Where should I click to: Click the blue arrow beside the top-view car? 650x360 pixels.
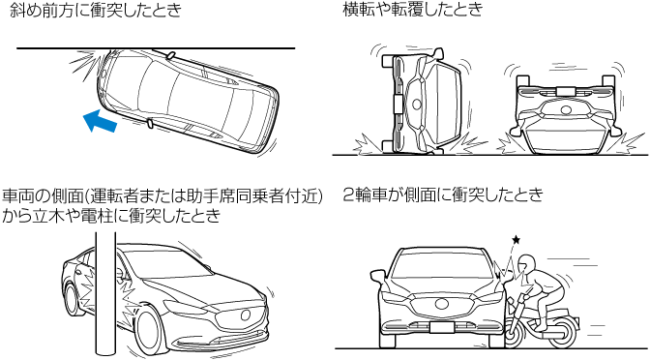coord(100,121)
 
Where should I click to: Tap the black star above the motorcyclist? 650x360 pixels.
coord(516,239)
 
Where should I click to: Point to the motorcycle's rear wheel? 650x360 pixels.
coord(563,334)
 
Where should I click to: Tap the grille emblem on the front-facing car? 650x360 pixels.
coord(442,304)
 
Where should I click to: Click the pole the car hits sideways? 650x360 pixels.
coord(105,295)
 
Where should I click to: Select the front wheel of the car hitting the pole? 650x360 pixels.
coord(148,331)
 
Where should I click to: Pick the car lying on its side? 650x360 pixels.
coord(422,103)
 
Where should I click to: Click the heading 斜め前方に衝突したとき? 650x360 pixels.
coord(96,10)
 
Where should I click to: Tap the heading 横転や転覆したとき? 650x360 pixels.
coord(413,9)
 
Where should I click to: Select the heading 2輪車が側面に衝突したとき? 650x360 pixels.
coord(443,195)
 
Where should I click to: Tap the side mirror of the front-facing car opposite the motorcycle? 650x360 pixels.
coord(377,277)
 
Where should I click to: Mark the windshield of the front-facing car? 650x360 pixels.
coord(442,265)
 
